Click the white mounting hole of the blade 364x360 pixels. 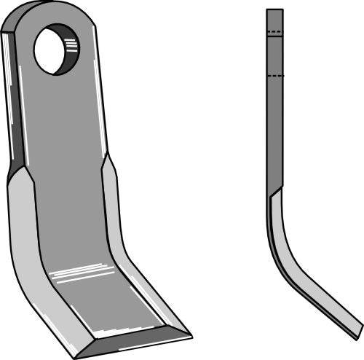coord(51,50)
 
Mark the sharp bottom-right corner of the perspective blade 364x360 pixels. coord(191,336)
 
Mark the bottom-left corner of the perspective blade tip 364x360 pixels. coord(76,355)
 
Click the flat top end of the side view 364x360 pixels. coord(274,10)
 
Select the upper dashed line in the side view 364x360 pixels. coord(274,33)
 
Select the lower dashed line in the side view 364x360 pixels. coord(274,75)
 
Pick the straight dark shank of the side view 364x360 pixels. coord(274,124)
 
